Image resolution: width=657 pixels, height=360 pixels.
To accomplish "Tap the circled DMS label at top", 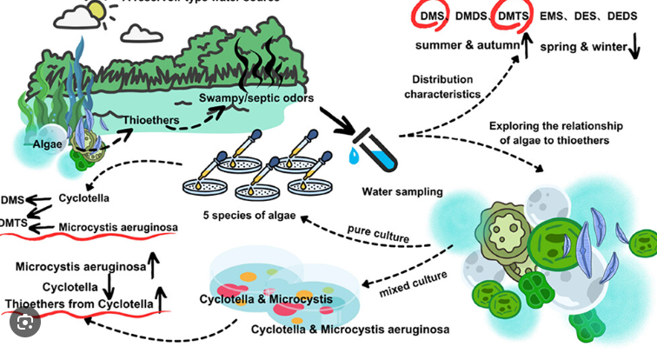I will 428,17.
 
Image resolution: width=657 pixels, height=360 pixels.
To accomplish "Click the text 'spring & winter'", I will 581,44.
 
